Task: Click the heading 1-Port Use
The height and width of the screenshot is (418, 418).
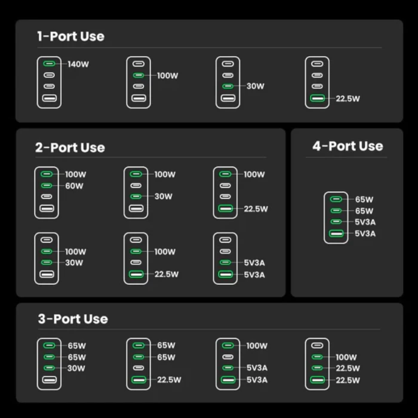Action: [70, 36]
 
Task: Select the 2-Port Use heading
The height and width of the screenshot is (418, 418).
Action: [70, 147]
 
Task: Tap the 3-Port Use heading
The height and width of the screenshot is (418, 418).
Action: [73, 319]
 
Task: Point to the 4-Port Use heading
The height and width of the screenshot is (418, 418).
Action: [348, 146]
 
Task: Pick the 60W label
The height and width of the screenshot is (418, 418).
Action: [75, 186]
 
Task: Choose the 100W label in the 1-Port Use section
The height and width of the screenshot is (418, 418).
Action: [168, 76]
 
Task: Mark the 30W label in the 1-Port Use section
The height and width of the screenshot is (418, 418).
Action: [256, 87]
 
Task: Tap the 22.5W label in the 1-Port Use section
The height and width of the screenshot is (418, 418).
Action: [348, 99]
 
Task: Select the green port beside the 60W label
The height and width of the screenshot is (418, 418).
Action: [47, 186]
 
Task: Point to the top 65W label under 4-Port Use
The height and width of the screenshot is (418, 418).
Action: [364, 199]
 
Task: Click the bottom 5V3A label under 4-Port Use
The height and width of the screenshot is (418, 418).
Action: [365, 233]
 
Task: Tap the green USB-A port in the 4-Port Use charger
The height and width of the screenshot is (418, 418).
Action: [337, 233]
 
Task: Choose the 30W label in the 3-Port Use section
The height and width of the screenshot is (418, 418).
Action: [76, 368]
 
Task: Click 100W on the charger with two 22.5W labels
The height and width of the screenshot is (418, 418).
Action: [346, 357]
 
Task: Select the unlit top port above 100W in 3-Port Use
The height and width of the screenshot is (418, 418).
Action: [317, 345]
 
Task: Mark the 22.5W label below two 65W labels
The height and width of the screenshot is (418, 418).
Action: [169, 380]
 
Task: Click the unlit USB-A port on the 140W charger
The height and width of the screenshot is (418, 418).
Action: [49, 99]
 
